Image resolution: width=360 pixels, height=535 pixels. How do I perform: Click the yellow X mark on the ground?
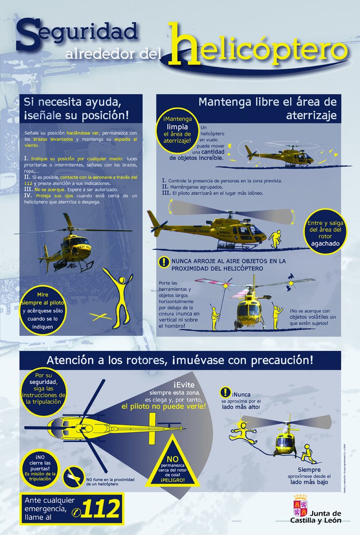pos(99,317)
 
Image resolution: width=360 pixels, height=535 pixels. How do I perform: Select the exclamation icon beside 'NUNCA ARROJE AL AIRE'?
pos(165,263)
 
